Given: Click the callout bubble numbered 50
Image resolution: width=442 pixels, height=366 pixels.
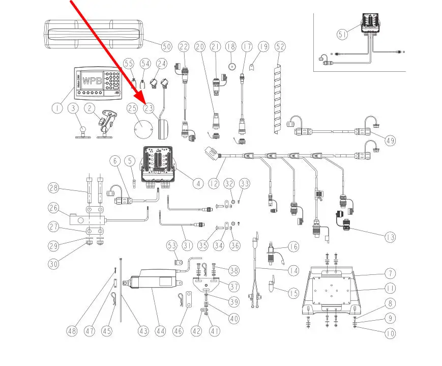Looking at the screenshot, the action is pyautogui.click(x=166, y=46).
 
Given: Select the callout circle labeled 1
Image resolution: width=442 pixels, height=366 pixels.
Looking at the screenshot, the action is pyautogui.click(x=56, y=108).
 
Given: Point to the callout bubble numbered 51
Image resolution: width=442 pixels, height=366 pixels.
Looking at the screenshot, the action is pyautogui.click(x=342, y=34).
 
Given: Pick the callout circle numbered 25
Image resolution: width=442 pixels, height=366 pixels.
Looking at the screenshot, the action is pyautogui.click(x=132, y=108).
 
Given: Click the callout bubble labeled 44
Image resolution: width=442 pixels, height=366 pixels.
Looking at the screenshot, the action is pyautogui.click(x=161, y=331).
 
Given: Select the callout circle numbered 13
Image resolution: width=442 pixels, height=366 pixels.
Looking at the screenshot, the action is pyautogui.click(x=390, y=237).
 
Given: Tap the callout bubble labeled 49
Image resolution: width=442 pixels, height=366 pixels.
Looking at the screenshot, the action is pyautogui.click(x=390, y=141).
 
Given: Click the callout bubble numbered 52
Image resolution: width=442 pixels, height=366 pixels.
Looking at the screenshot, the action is pyautogui.click(x=280, y=47).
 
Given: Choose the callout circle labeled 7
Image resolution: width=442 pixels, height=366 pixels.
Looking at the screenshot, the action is pyautogui.click(x=390, y=273).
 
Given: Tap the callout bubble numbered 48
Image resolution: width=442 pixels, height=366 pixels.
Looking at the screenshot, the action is pyautogui.click(x=73, y=331).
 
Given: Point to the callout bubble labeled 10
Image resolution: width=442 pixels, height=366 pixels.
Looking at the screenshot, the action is pyautogui.click(x=390, y=334).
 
